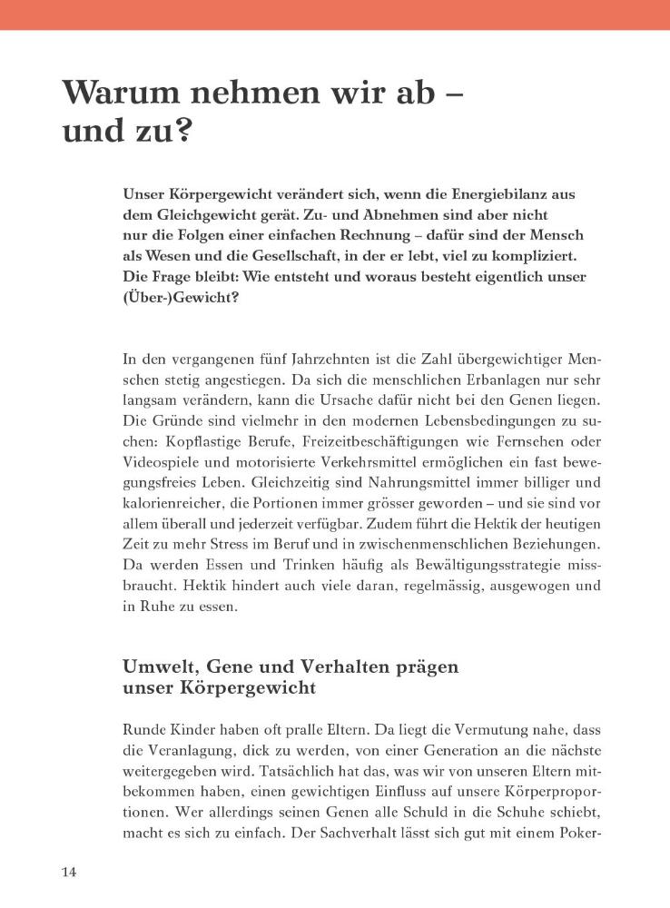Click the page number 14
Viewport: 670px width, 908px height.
coord(70,873)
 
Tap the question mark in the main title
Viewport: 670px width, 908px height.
coord(181,133)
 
